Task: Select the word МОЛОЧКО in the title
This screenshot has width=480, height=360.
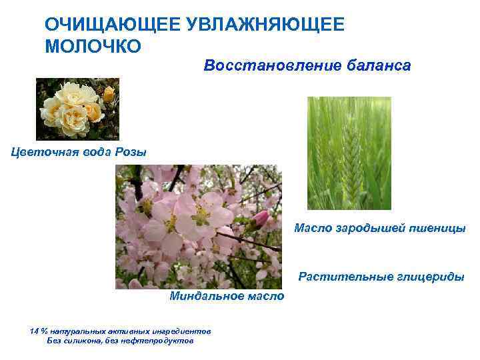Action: [93, 47]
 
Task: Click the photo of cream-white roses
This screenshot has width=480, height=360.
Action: [77, 109]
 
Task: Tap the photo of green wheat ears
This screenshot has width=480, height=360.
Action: [349, 153]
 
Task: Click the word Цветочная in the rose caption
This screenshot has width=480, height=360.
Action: [41, 151]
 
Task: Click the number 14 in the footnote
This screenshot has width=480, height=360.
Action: [35, 331]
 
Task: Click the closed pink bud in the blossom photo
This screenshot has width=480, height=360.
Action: [260, 218]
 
